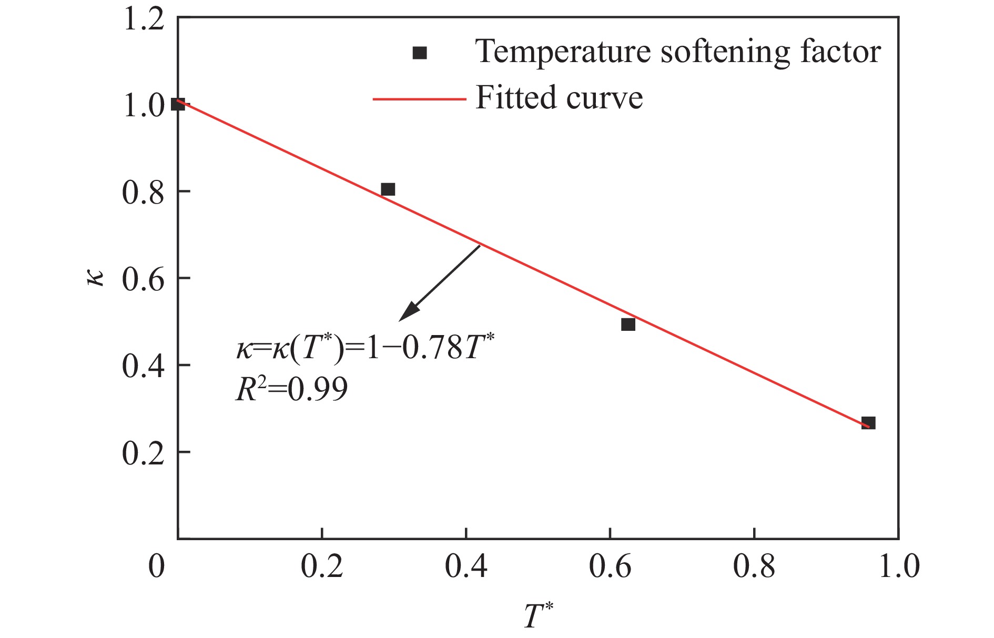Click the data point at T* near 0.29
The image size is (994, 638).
(388, 189)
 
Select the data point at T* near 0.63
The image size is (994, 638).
(628, 325)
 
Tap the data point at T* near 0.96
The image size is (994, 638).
(868, 423)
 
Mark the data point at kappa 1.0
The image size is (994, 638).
(178, 104)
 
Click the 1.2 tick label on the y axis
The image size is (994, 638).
(143, 22)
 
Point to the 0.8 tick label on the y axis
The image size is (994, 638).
(143, 193)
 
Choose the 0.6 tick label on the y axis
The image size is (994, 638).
(143, 279)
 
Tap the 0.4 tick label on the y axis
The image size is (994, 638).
(143, 366)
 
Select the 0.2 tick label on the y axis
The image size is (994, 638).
(143, 453)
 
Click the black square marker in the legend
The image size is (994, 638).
(420, 53)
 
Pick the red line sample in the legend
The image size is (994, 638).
(419, 98)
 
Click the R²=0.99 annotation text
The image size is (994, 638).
(291, 390)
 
